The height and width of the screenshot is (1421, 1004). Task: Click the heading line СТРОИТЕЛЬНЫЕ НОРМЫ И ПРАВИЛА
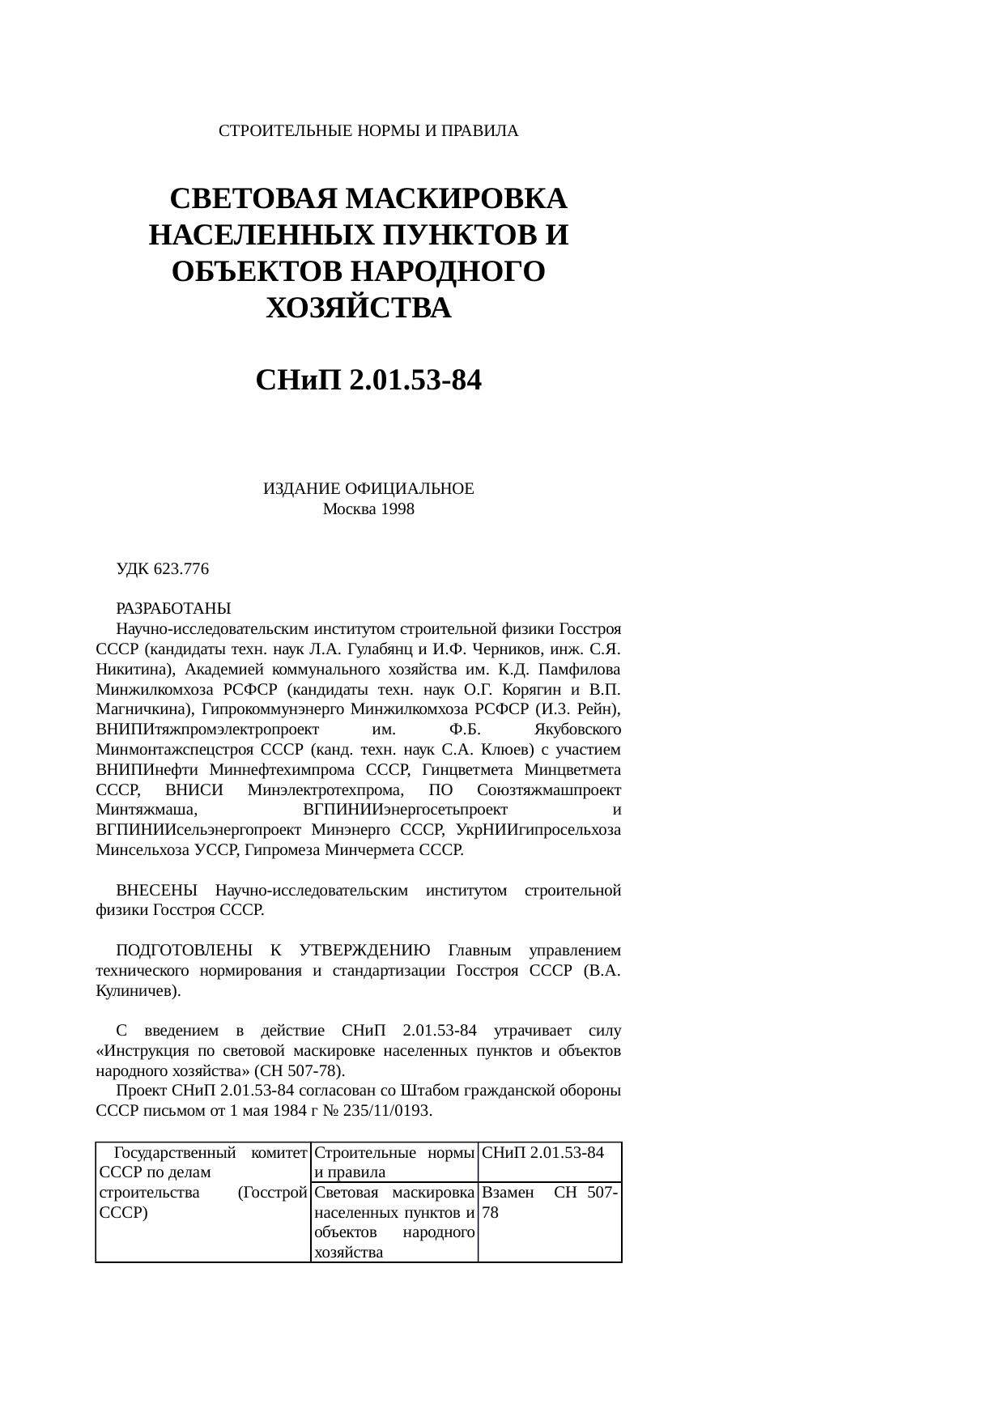[x=368, y=130]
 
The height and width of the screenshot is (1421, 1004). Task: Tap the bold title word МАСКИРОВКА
[x=456, y=199]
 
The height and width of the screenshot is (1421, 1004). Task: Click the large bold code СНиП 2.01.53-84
[x=368, y=380]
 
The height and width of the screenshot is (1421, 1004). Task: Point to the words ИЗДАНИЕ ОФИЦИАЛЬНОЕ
[x=368, y=489]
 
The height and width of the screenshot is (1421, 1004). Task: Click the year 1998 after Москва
[x=398, y=509]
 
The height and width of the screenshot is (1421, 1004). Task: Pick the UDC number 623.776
[x=181, y=569]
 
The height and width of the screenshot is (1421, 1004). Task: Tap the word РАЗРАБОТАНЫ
[x=174, y=608]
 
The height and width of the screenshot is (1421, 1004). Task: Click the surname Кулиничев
[x=134, y=990]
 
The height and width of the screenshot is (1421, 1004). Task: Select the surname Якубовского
[x=579, y=730]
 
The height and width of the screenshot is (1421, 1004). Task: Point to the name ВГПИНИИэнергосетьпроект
[x=405, y=810]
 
